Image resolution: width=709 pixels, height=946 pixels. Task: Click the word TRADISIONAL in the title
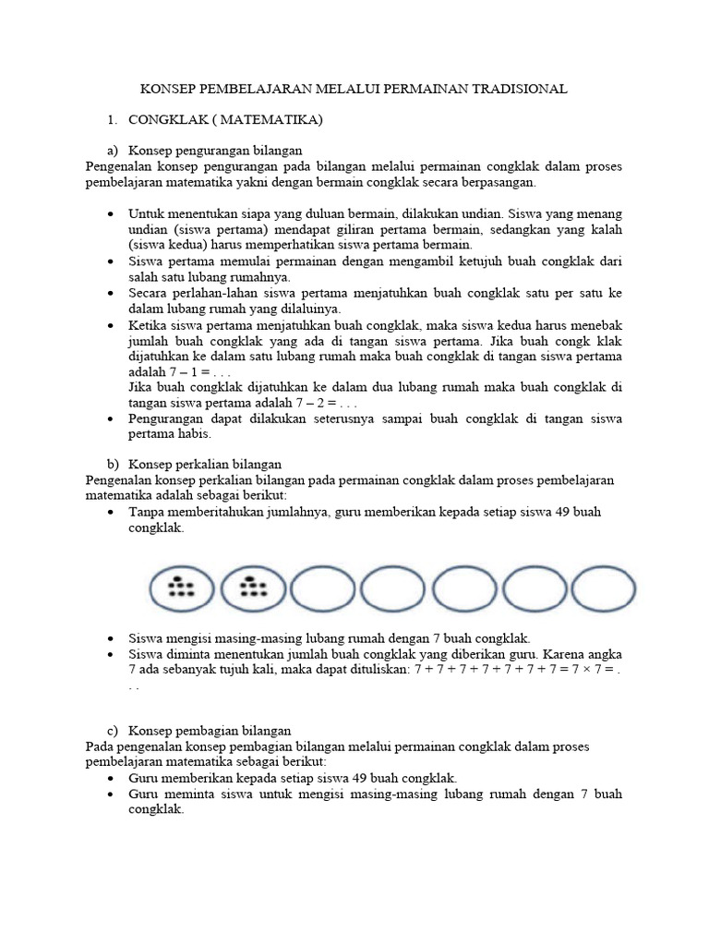518,89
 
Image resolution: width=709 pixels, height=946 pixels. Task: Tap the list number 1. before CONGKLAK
113,120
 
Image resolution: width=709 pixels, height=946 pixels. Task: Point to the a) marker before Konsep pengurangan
114,150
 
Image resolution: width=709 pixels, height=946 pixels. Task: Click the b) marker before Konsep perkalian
114,464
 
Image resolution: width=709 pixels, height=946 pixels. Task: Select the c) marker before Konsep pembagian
114,730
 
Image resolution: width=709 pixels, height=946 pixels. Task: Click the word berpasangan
504,183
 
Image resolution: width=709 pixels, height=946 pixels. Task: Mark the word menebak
596,325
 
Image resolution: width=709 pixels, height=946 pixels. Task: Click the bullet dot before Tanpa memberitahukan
111,512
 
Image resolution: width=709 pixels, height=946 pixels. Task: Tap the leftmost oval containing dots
181,588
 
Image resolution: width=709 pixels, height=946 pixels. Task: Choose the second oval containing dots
251,588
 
